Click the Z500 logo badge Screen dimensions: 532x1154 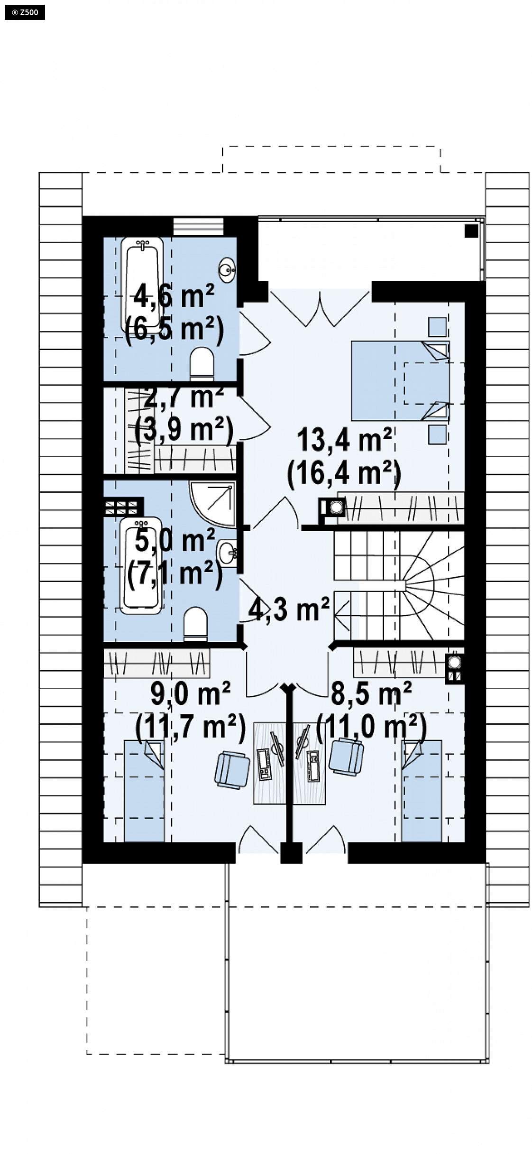click(x=25, y=13)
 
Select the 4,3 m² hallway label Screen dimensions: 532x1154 click(x=289, y=609)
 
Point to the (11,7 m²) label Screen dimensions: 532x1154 click(x=190, y=726)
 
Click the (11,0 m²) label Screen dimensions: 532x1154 click(x=371, y=726)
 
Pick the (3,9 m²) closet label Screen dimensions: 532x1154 click(x=184, y=430)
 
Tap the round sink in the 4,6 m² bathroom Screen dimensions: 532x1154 click(x=227, y=270)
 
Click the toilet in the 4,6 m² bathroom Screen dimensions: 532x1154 click(x=202, y=363)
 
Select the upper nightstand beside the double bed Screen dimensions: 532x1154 click(x=438, y=326)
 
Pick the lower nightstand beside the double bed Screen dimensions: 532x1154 click(x=438, y=434)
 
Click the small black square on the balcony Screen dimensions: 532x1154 click(x=471, y=231)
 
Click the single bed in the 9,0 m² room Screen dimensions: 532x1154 click(x=144, y=791)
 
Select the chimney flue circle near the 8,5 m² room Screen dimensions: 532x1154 click(x=454, y=662)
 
